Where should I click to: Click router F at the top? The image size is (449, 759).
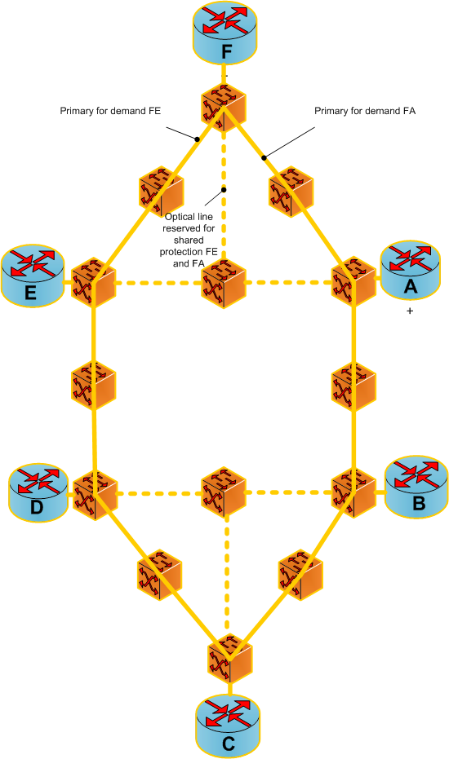tap(224, 33)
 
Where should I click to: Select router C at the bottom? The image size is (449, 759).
tap(228, 726)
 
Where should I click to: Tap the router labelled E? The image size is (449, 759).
tap(32, 276)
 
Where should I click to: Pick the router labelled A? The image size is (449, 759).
tap(410, 271)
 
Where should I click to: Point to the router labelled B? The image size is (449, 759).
tap(416, 487)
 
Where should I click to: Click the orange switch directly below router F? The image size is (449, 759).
tap(223, 108)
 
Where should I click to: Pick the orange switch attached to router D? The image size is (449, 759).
tap(95, 495)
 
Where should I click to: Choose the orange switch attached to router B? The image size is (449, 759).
tap(353, 492)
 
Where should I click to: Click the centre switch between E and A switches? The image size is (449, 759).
tap(224, 284)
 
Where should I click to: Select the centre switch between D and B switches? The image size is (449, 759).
tap(224, 492)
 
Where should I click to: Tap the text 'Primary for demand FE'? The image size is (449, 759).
tap(110, 111)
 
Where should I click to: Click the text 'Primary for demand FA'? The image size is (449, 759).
tap(365, 111)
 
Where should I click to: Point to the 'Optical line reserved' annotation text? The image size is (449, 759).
tap(189, 240)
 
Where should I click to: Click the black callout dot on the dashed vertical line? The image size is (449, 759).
tap(224, 190)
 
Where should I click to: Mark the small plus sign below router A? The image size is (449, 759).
tap(410, 311)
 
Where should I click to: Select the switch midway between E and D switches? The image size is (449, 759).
tap(94, 385)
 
